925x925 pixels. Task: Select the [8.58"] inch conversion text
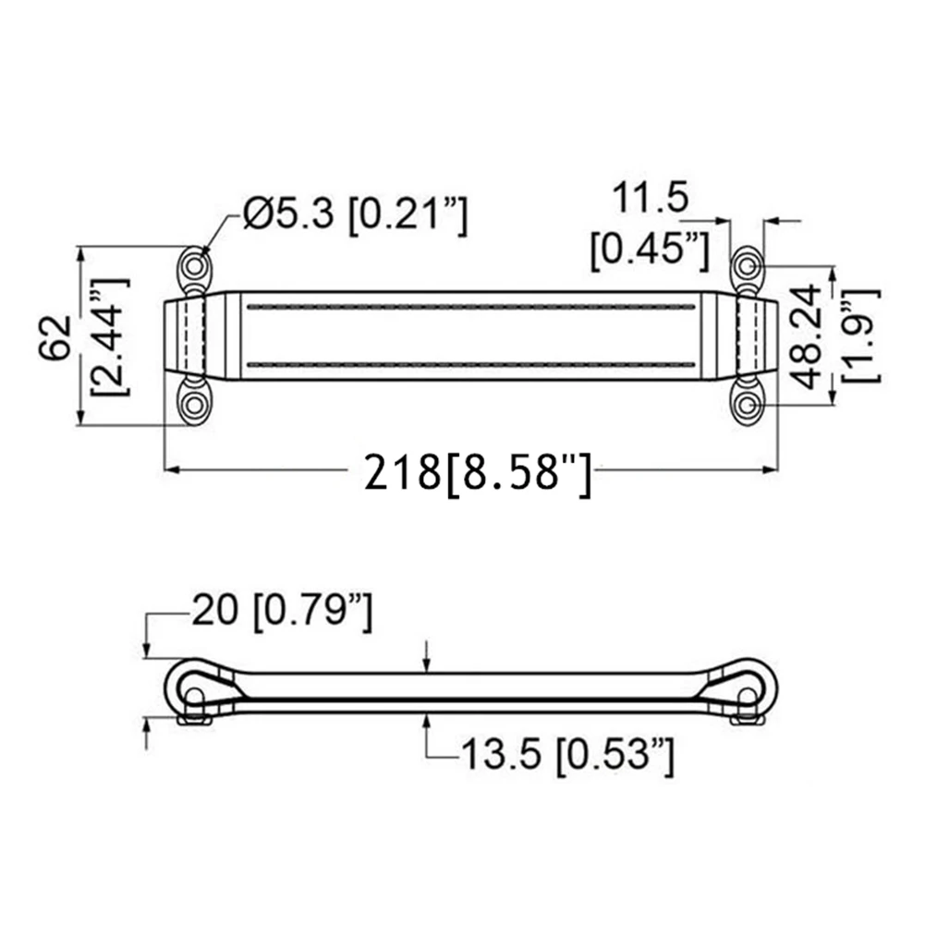pos(517,474)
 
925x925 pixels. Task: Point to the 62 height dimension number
pos(56,337)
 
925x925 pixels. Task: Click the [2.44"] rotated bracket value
pos(112,337)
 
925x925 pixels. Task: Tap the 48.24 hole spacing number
pos(804,336)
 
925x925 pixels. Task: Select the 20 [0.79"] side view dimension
pos(282,612)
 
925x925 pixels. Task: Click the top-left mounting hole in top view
pos(193,267)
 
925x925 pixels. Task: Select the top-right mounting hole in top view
pos(747,267)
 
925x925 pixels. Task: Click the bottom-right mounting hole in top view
pos(747,405)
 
